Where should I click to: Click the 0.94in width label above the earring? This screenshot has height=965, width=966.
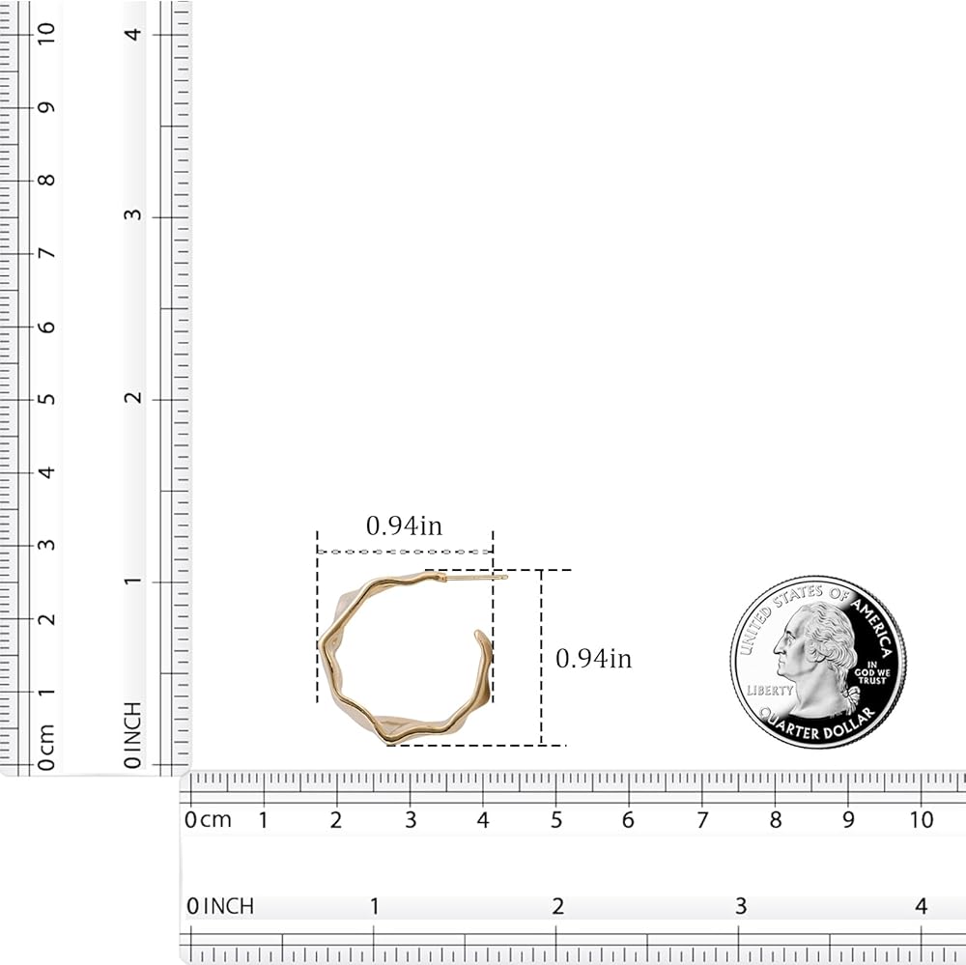coord(404,525)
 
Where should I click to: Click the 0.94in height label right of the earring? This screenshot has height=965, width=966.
coord(594,658)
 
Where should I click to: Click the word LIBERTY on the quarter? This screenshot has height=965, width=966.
coord(770,690)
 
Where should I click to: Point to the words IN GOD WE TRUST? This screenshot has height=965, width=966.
coord(871,672)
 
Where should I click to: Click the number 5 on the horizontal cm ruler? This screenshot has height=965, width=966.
coord(556,820)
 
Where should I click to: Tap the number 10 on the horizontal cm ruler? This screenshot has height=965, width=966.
coord(922,820)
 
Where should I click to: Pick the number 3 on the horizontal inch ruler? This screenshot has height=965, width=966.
coord(741,906)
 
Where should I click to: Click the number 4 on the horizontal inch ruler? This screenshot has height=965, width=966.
coord(921,906)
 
